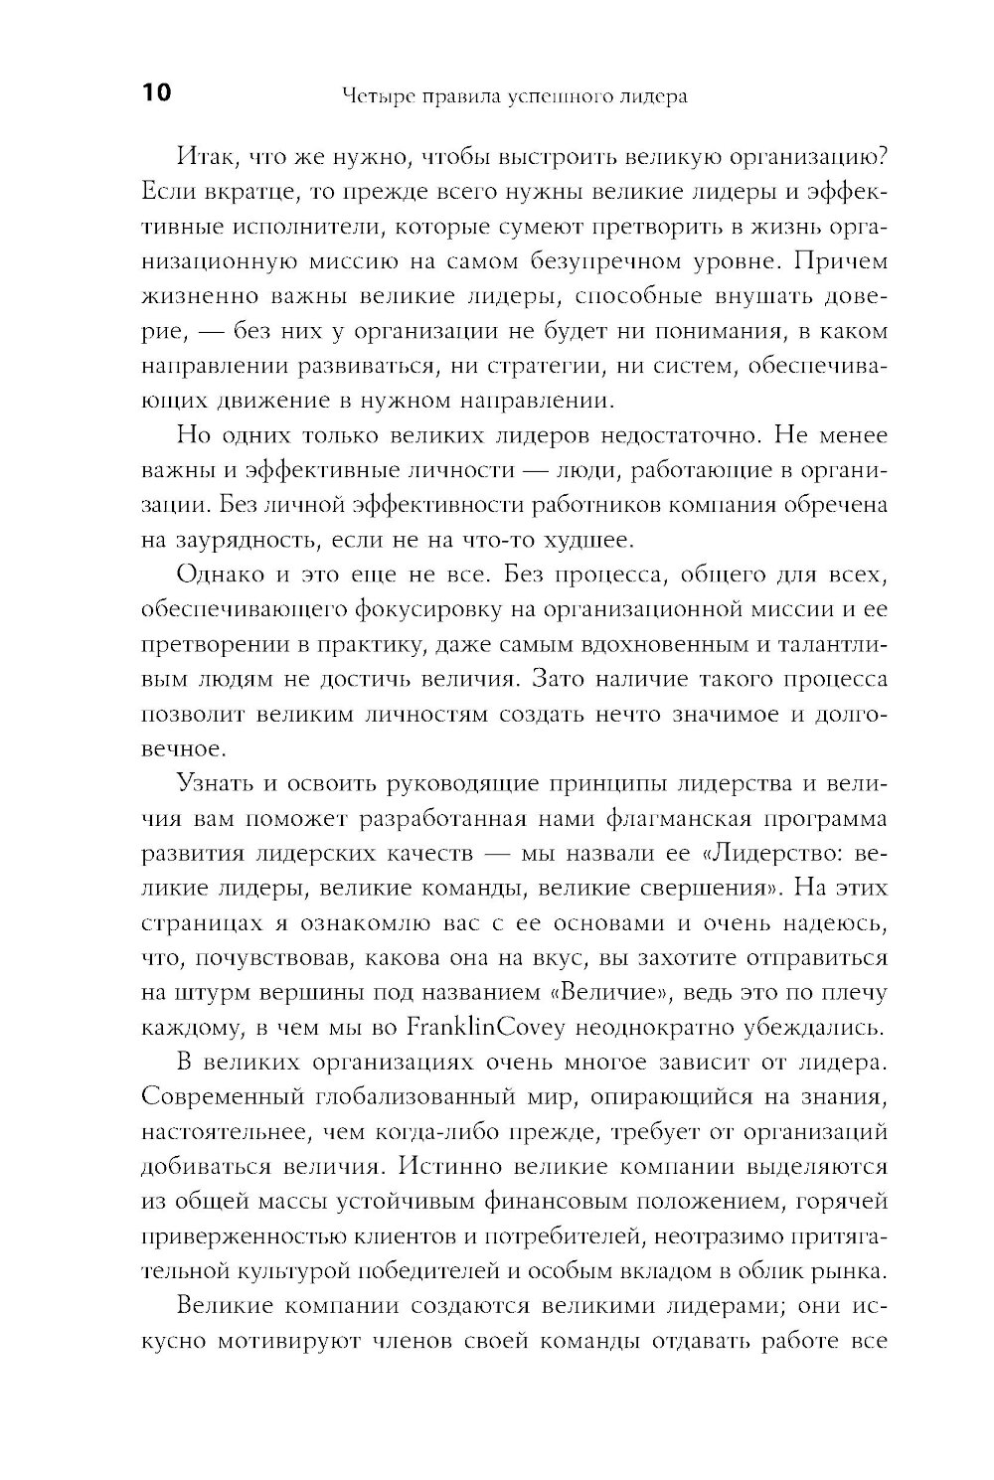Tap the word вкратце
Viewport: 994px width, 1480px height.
229,191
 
